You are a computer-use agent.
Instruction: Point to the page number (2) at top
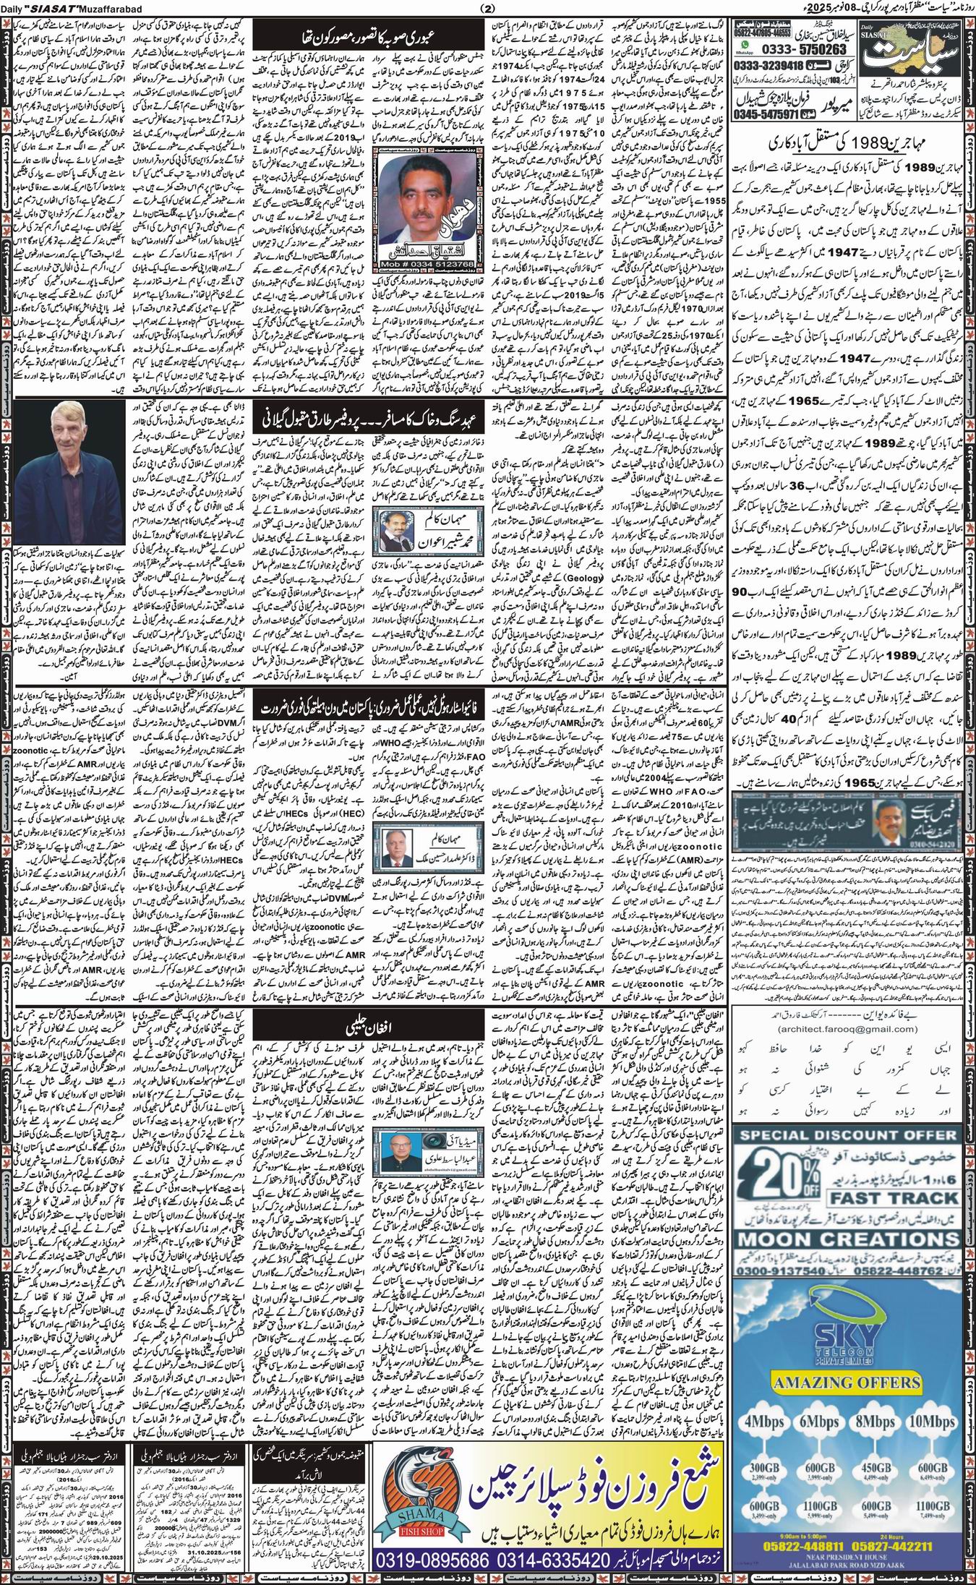pos(487,9)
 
